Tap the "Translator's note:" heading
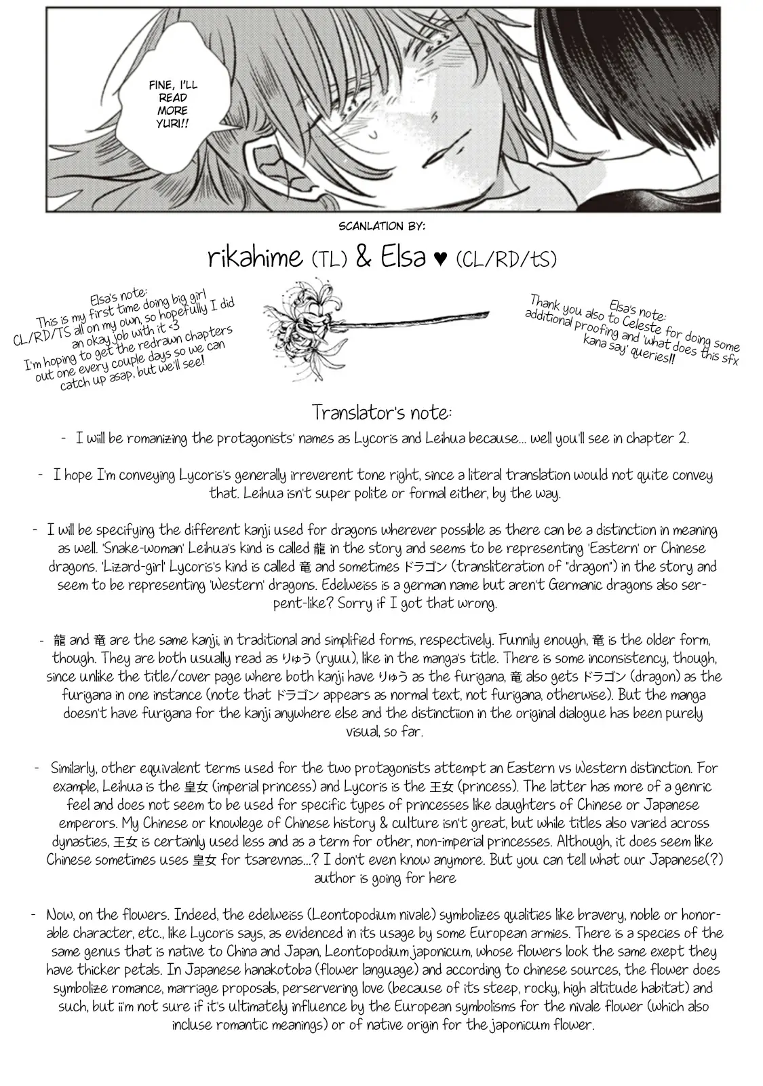click(x=382, y=412)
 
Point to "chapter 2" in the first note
click(x=650, y=438)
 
